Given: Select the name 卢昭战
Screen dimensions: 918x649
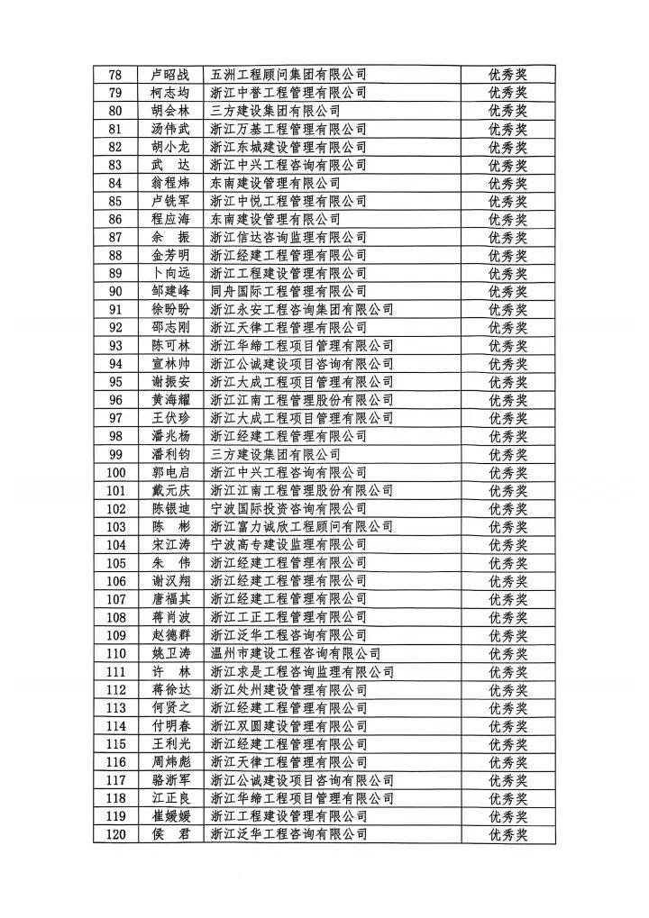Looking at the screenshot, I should pyautogui.click(x=171, y=75).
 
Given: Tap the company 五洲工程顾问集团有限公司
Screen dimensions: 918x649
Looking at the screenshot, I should pyautogui.click(x=288, y=75).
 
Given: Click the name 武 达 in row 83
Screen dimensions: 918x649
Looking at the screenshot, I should pyautogui.click(x=171, y=165).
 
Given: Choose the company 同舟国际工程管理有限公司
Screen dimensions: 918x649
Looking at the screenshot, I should pyautogui.click(x=288, y=291).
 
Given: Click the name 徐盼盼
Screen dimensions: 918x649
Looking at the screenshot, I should pyautogui.click(x=171, y=309).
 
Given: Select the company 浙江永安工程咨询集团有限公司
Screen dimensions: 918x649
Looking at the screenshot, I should pyautogui.click(x=302, y=309).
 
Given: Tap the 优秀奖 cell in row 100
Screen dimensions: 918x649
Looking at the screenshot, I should pyautogui.click(x=507, y=472).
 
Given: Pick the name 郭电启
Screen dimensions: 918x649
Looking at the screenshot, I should pyautogui.click(x=171, y=472).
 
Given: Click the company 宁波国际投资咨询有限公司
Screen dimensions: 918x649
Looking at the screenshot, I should pyautogui.click(x=288, y=508).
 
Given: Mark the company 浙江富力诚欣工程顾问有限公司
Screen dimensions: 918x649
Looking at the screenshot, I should pyautogui.click(x=302, y=526).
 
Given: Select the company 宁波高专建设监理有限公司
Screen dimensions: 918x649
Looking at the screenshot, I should pyautogui.click(x=288, y=544).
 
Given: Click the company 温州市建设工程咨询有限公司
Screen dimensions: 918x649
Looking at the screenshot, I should pyautogui.click(x=295, y=653).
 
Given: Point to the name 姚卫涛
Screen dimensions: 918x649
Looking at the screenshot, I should pyautogui.click(x=171, y=653).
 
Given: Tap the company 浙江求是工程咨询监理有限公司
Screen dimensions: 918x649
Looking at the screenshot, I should pyautogui.click(x=302, y=671).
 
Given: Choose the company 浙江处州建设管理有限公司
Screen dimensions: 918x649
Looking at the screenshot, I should pyautogui.click(x=288, y=689).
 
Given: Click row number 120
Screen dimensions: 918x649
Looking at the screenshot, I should pyautogui.click(x=116, y=834).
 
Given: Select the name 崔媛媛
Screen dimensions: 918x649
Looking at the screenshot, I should pyautogui.click(x=171, y=816).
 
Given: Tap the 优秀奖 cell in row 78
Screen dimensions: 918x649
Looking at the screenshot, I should pyautogui.click(x=507, y=75).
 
